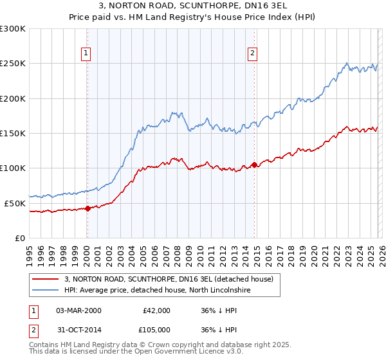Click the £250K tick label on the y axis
13,64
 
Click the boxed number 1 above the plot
87,53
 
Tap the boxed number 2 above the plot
253,53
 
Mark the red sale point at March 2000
87,208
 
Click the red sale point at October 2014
255,165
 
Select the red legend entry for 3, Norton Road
169,279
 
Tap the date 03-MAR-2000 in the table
78,310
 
